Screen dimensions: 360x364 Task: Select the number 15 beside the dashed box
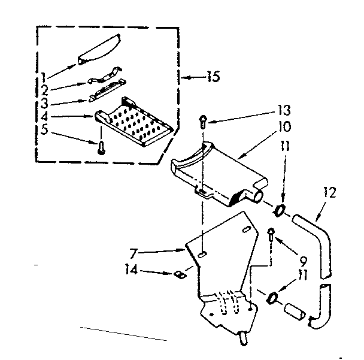212,77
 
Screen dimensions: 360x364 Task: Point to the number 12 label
330,193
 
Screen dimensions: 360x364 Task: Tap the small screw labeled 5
100,145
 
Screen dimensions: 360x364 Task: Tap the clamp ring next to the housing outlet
278,210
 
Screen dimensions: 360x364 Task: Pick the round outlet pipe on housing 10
256,195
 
